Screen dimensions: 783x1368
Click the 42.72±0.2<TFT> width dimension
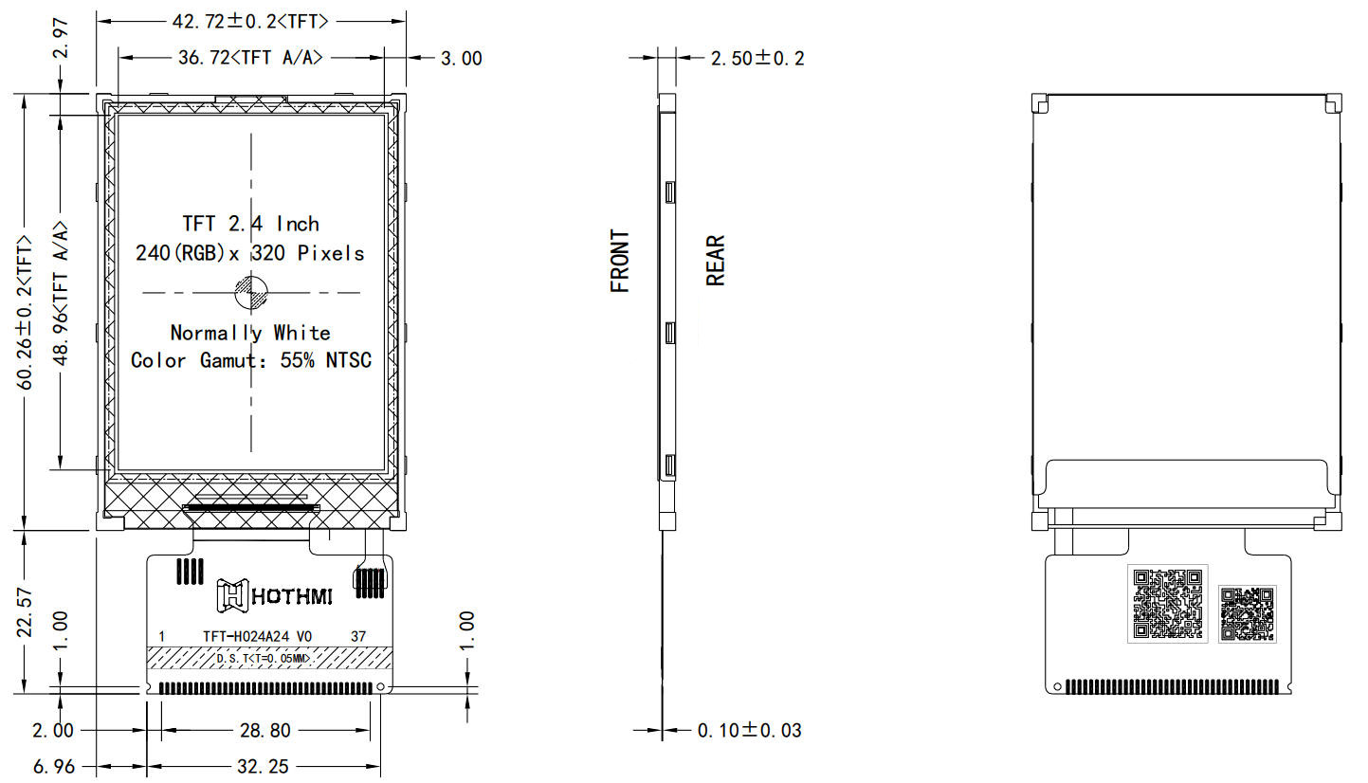coord(252,19)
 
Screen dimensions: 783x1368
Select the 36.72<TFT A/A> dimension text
coord(250,58)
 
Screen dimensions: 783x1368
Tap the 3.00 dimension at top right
coord(461,59)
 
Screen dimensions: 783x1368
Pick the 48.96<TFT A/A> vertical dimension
coord(61,293)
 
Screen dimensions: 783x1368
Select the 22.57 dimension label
coord(26,611)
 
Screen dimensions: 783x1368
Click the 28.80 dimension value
coord(265,730)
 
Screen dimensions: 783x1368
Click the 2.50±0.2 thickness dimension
coord(757,59)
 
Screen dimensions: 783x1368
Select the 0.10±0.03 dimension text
coord(749,731)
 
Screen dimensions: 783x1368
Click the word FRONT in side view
coord(620,261)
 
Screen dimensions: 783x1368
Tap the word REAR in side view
coord(716,261)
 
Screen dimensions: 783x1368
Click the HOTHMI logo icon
coord(231,594)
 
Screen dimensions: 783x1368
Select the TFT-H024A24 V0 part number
coord(257,636)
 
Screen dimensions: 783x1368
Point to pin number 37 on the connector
coord(358,636)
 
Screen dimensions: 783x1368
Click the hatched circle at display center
coord(251,293)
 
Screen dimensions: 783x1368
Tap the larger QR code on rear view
coord(1167,603)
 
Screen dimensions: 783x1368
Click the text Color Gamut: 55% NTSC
coord(251,361)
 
